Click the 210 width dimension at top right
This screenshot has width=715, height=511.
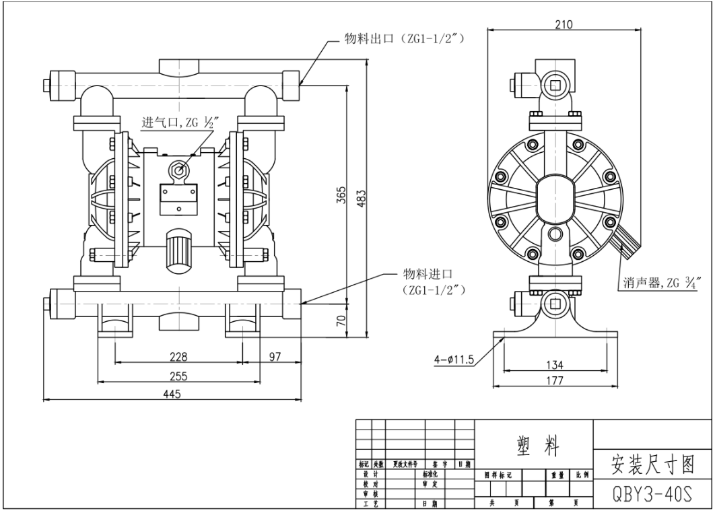click(x=563, y=25)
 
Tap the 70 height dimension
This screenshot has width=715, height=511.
click(x=341, y=319)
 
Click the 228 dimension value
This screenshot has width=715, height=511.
click(x=178, y=356)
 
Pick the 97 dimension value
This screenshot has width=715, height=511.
click(x=275, y=356)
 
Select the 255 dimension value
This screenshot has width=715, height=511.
click(x=178, y=376)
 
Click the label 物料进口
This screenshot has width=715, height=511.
click(x=427, y=274)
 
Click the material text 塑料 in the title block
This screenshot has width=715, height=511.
click(x=534, y=444)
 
